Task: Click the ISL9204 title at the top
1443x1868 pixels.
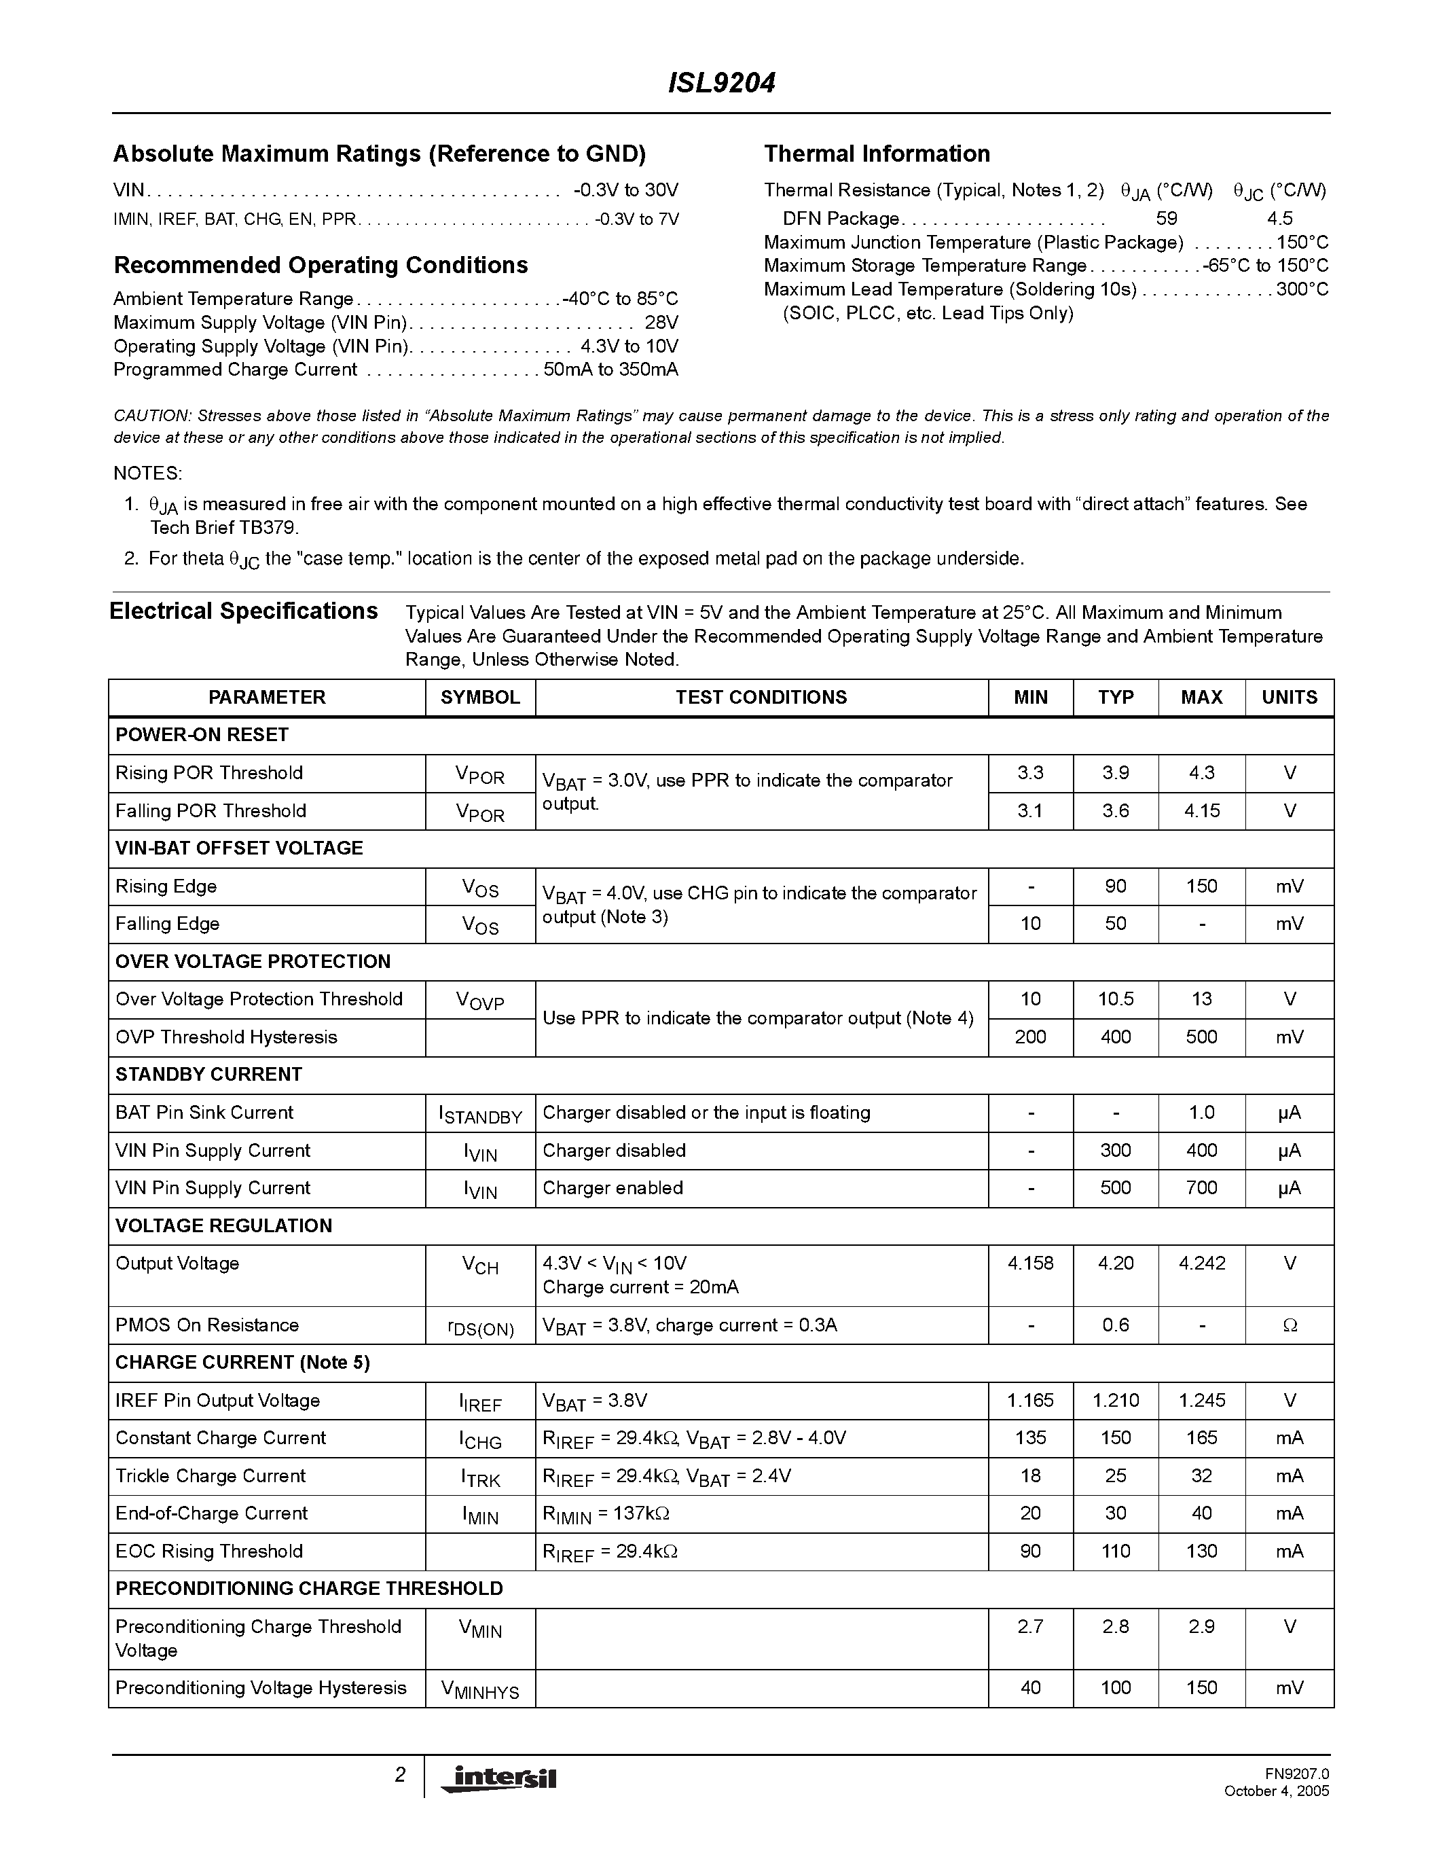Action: tap(720, 83)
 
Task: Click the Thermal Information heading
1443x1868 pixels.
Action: tap(876, 154)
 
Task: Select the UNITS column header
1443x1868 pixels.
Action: tap(1289, 697)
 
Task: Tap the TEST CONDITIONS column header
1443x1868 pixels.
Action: tap(761, 697)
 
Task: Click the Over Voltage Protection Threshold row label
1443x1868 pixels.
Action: tap(258, 999)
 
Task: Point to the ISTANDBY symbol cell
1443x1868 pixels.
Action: tap(479, 1113)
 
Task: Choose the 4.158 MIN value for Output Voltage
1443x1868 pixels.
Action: tap(1030, 1263)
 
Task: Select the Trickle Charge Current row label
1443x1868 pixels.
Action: tap(211, 1476)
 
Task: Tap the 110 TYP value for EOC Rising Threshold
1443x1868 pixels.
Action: tap(1116, 1551)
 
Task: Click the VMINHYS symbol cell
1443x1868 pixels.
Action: tap(479, 1689)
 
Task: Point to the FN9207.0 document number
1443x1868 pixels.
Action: tap(1297, 1774)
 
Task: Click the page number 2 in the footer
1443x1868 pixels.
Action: tap(399, 1775)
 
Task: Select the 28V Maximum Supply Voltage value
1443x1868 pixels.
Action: tap(661, 323)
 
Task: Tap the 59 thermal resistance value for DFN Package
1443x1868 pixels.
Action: tap(1166, 218)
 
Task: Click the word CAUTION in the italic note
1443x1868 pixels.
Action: tap(151, 416)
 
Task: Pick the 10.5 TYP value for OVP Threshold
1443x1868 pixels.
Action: tap(1116, 999)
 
